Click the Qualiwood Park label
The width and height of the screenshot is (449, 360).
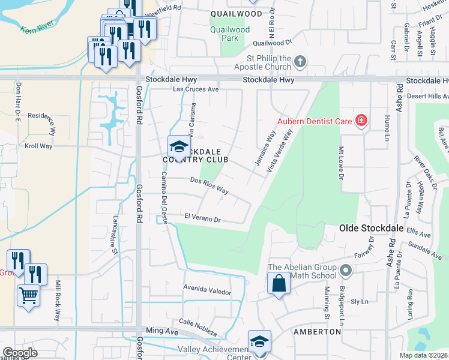[229, 33]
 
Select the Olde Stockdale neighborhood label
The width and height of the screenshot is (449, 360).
[367, 228]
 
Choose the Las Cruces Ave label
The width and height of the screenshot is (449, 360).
[196, 89]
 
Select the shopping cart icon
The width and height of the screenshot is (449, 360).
[28, 296]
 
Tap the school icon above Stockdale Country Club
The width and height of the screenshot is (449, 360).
[178, 146]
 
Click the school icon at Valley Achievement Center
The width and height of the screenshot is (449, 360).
[259, 341]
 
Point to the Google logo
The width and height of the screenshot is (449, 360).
[20, 353]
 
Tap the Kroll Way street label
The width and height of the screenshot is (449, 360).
[38, 146]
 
